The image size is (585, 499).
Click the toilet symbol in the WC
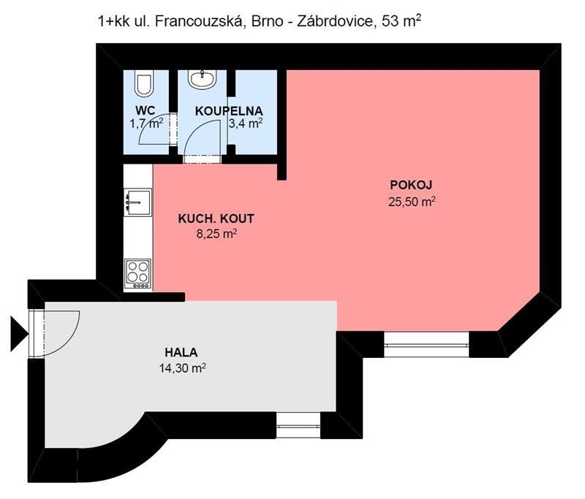(144, 84)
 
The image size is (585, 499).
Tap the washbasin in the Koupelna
(199, 78)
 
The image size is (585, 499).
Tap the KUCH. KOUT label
(216, 218)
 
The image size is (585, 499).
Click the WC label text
(145, 110)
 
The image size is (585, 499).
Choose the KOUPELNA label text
(229, 110)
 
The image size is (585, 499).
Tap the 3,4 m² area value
(246, 123)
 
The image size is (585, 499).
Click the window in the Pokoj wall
(427, 343)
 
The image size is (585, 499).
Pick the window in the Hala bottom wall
(298, 422)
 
